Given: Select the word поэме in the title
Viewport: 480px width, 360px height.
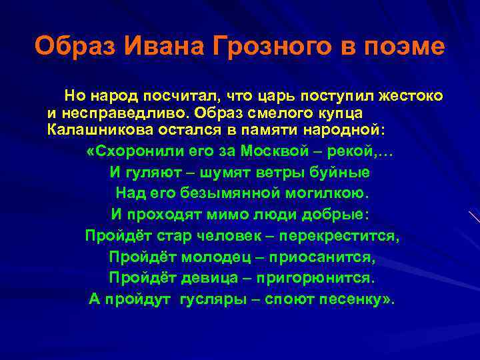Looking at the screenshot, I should coord(404,47).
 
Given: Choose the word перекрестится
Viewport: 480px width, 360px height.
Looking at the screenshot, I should coord(340,236).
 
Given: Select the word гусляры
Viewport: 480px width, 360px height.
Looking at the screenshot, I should coord(213,299).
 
